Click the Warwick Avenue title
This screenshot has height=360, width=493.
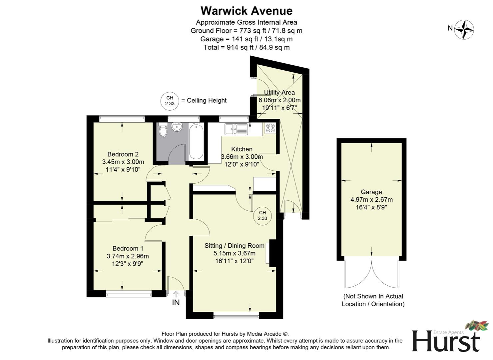pos(246,11)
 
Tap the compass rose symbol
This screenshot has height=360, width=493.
pos(464,29)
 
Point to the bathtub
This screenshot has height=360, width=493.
pos(196,141)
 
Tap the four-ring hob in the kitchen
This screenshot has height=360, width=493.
pos(270,128)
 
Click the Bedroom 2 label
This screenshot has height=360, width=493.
pos(123,154)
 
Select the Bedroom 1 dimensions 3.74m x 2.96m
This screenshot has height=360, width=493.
pos(128,256)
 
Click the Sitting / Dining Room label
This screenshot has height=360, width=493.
pos(234,246)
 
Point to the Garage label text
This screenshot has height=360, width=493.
pos(371,192)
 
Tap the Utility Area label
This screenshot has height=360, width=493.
pos(279,92)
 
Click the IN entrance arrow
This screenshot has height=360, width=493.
pos(176,294)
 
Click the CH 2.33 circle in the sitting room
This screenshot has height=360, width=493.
pos(262,216)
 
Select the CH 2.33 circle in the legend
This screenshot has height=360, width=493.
pos(170,101)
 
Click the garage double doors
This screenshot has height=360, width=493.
pos(371,275)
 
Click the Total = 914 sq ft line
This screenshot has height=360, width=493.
pos(246,47)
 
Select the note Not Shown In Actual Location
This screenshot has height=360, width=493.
pos(373,300)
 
